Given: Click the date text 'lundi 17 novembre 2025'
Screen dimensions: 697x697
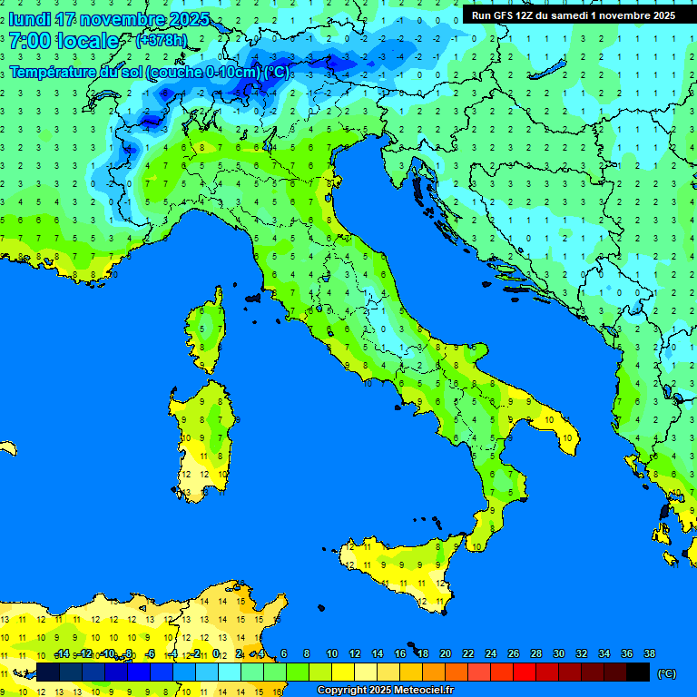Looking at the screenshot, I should click(109, 19).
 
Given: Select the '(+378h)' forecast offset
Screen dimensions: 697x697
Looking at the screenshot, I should click(161, 41).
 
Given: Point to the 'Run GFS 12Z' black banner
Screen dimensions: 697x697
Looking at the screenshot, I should click(573, 15).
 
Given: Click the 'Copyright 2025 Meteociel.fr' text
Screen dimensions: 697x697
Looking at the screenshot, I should click(385, 691).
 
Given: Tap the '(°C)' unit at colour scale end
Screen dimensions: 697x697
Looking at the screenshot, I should click(666, 673).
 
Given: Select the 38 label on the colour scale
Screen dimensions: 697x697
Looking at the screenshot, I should click(649, 654).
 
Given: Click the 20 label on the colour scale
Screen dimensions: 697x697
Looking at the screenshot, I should click(445, 654).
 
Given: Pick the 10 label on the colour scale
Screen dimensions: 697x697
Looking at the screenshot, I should click(332, 654).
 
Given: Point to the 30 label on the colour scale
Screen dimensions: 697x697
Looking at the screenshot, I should click(558, 654).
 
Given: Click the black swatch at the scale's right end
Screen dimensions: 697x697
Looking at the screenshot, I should click(638, 672).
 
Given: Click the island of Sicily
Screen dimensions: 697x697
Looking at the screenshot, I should click(399, 567).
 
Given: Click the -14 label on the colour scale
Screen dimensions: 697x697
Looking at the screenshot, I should click(62, 654).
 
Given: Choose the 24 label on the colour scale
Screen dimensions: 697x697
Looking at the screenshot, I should click(490, 654).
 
